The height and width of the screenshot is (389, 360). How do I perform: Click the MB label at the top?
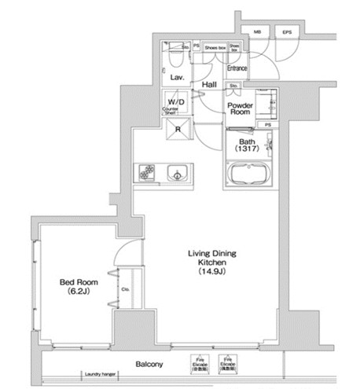click(257, 31)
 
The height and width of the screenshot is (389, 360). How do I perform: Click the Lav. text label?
click(177, 78)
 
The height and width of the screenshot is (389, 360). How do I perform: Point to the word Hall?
click(209, 84)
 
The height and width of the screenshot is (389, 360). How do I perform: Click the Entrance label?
click(237, 68)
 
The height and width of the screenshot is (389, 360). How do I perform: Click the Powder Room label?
click(238, 108)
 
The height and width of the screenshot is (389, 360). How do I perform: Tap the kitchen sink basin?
click(177, 172)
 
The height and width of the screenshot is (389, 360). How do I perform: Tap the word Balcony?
click(149, 364)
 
